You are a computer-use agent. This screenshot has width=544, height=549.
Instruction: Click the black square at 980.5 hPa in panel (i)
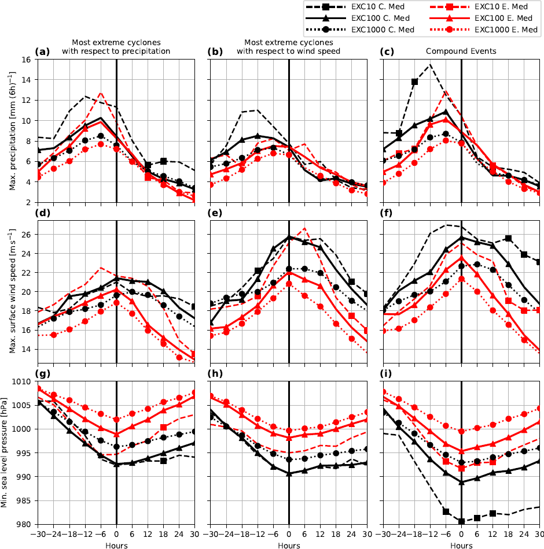coord(462,522)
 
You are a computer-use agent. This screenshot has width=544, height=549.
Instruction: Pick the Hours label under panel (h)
coord(288,545)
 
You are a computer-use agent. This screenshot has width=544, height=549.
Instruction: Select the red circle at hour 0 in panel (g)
coord(116,420)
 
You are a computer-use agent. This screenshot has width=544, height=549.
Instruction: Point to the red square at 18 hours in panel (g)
coord(164,427)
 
